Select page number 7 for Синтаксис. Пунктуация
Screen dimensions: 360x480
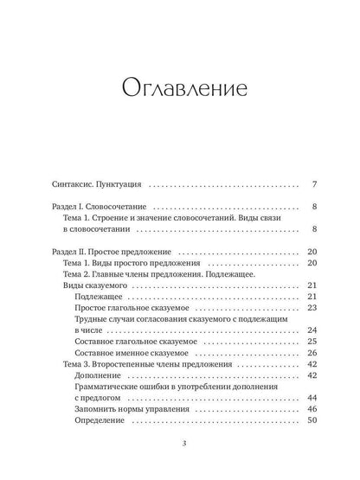[314, 184]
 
